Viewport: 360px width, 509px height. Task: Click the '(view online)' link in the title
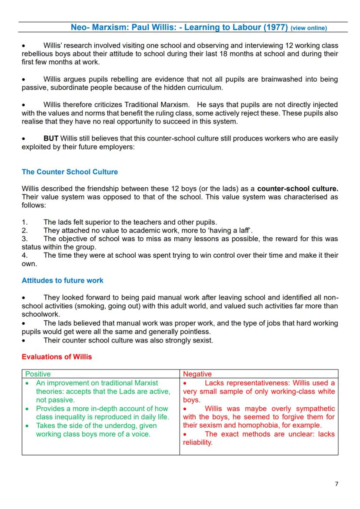pos(309,28)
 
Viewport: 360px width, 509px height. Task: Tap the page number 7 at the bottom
pos(336,484)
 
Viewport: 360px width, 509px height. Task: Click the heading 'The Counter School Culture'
pos(70,172)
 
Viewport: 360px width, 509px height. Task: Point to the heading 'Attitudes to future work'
pos(63,280)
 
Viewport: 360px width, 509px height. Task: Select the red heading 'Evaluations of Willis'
pos(57,357)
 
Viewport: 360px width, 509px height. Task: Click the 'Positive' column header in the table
pos(38,374)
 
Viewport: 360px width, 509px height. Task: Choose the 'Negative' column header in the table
pos(197,374)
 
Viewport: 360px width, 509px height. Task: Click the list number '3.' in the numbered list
pos(25,239)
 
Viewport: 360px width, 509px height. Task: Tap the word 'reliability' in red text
pos(197,442)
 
